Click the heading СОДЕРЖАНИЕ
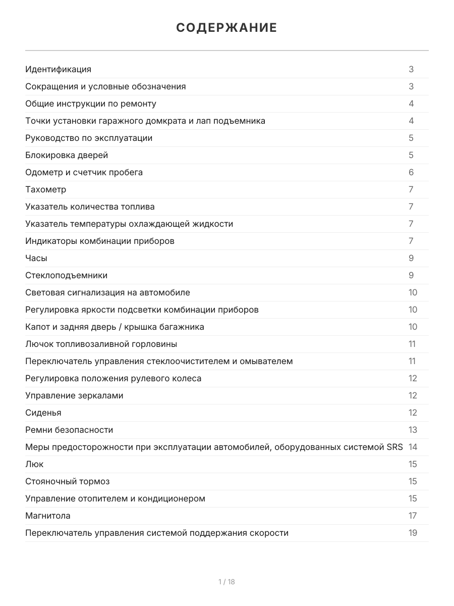click(x=226, y=28)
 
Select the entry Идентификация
click(x=58, y=69)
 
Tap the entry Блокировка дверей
click(x=67, y=155)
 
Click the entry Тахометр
click(x=45, y=189)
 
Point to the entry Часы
click(x=36, y=258)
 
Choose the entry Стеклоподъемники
click(x=66, y=275)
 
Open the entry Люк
click(x=34, y=464)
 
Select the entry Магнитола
click(x=48, y=516)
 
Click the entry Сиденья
click(x=43, y=413)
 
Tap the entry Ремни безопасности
click(x=69, y=430)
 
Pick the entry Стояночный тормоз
click(x=68, y=481)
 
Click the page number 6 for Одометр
click(x=411, y=172)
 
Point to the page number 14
click(x=413, y=447)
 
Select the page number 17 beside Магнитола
click(x=413, y=516)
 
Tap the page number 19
click(x=413, y=533)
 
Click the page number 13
click(x=413, y=430)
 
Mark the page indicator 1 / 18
click(x=226, y=582)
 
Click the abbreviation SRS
click(x=394, y=447)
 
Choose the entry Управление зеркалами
click(x=74, y=395)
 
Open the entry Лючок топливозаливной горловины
click(x=101, y=344)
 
